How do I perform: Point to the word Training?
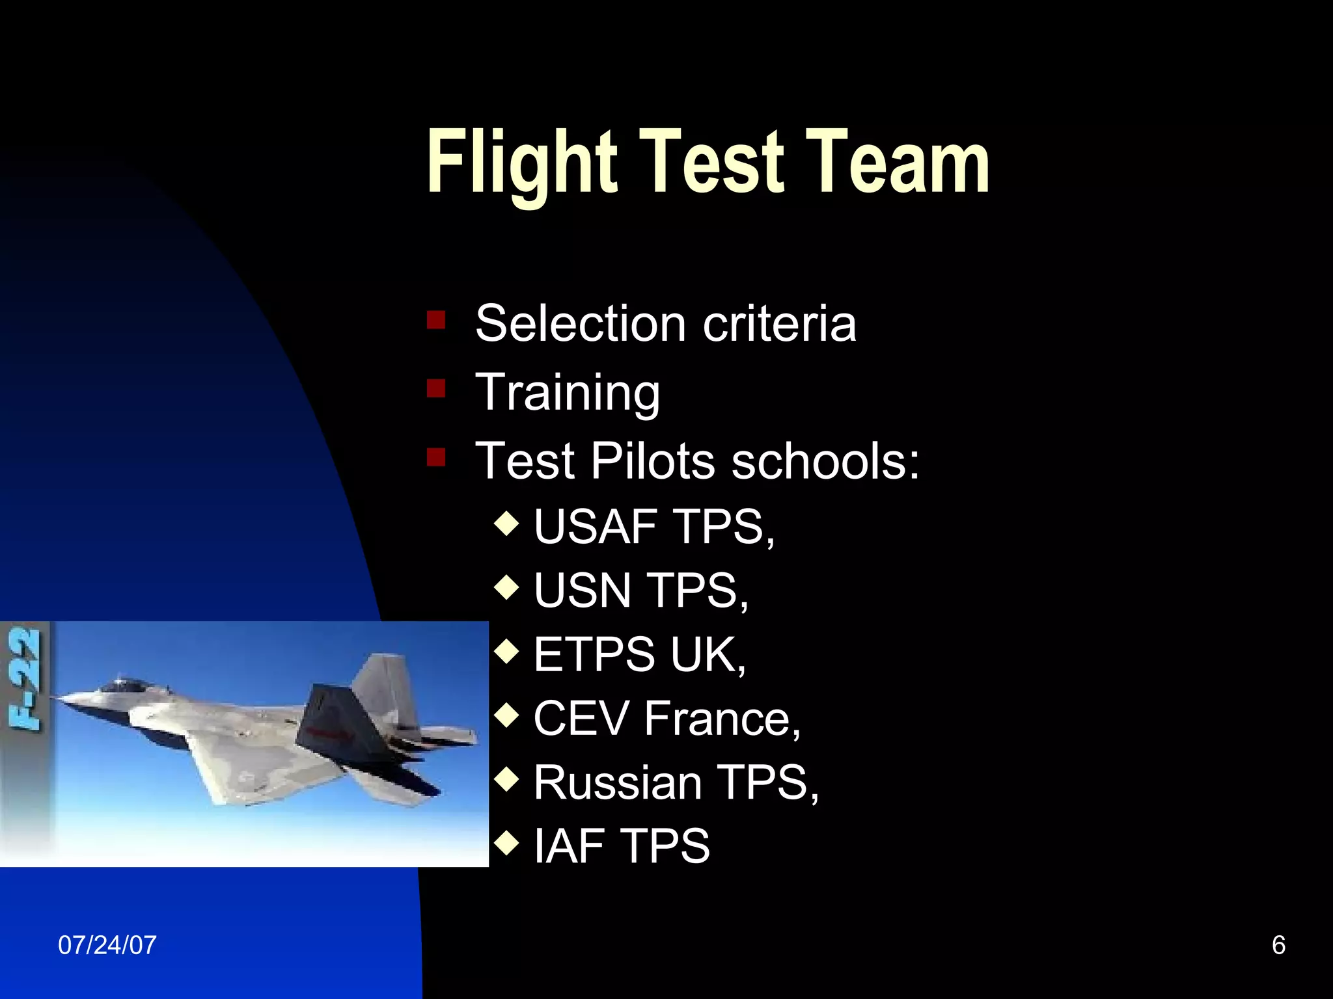[568, 393]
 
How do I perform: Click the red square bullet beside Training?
[436, 389]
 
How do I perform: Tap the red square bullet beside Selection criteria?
[436, 319]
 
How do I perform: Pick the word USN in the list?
[583, 591]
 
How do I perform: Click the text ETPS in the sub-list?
[594, 654]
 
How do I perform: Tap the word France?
[722, 719]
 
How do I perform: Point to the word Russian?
[618, 782]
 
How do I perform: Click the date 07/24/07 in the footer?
[107, 945]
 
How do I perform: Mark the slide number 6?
[1278, 945]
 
